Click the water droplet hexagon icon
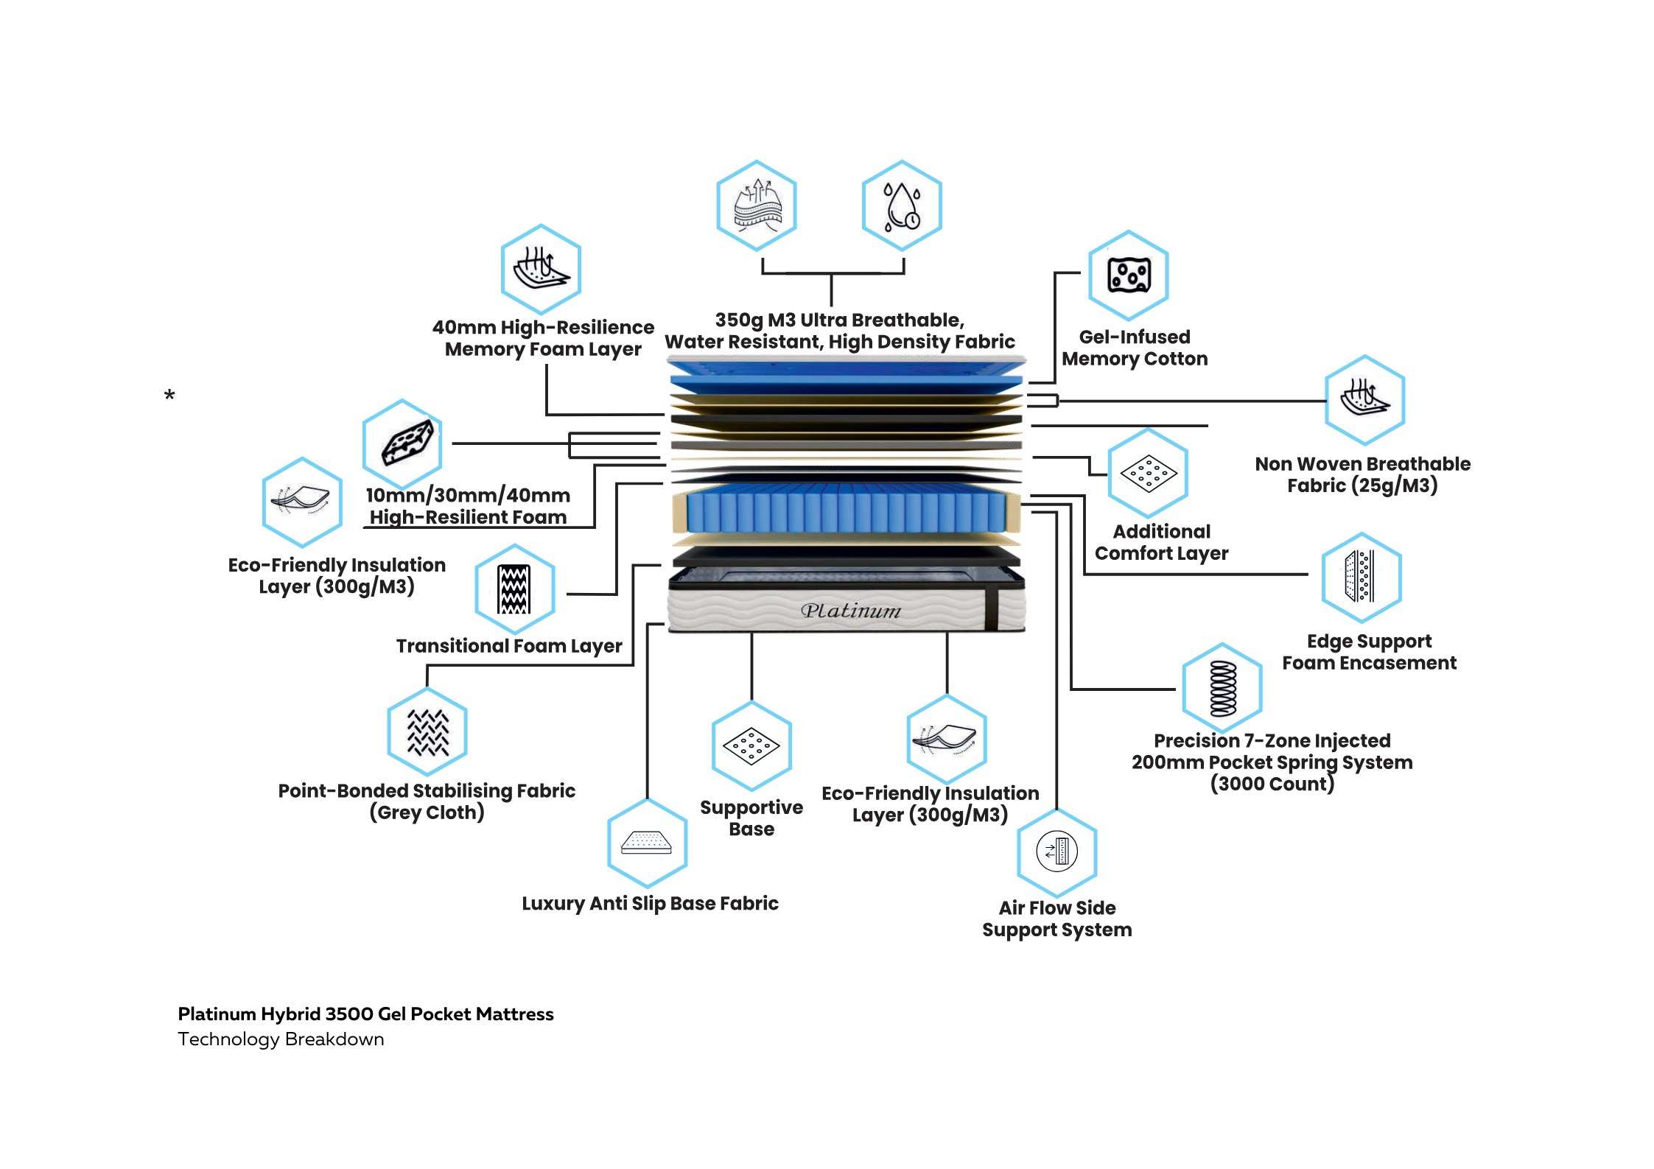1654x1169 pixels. pyautogui.click(x=902, y=206)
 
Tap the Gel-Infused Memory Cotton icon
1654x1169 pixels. pyautogui.click(x=1129, y=275)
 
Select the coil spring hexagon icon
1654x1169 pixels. pyautogui.click(x=1223, y=688)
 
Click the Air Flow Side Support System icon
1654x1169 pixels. pyautogui.click(x=1057, y=852)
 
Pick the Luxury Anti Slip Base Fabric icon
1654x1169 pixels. pyautogui.click(x=647, y=843)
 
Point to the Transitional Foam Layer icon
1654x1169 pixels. pyautogui.click(x=514, y=589)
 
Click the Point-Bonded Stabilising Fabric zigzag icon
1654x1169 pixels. pyautogui.click(x=428, y=732)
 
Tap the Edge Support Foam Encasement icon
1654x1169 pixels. pyautogui.click(x=1361, y=577)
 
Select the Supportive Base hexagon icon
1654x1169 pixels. pyautogui.click(x=751, y=746)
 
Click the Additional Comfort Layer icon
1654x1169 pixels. pyautogui.click(x=1148, y=474)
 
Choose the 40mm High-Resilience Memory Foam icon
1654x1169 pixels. pyautogui.click(x=542, y=269)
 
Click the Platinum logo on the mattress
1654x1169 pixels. pyautogui.click(x=851, y=611)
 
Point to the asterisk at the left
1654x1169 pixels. pyautogui.click(x=169, y=396)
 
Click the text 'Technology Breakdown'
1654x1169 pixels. pyautogui.click(x=281, y=1039)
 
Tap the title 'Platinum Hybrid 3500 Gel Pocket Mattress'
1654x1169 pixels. pyautogui.click(x=365, y=1014)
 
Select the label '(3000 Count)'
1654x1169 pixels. pyautogui.click(x=1272, y=784)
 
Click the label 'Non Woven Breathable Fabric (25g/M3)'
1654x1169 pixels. pyautogui.click(x=1362, y=474)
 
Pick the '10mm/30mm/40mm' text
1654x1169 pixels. pyautogui.click(x=468, y=495)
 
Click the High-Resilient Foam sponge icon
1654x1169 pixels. pyautogui.click(x=403, y=443)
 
